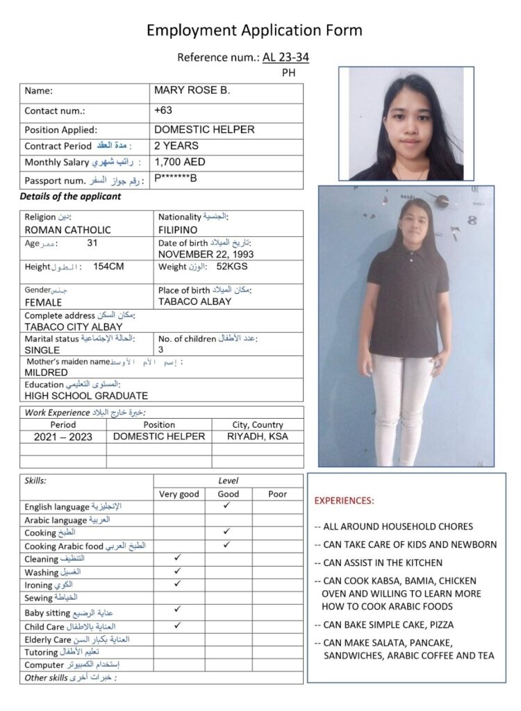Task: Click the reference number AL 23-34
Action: (x=286, y=57)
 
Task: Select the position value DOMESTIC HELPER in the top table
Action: (x=204, y=129)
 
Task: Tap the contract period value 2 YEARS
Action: (x=176, y=146)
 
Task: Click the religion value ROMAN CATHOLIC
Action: (x=67, y=230)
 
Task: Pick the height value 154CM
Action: (x=108, y=267)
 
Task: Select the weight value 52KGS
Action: (x=232, y=267)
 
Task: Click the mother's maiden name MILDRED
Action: (x=47, y=372)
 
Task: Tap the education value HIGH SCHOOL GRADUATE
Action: (x=86, y=396)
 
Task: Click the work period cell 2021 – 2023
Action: (x=63, y=437)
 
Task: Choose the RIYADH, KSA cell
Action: (x=257, y=437)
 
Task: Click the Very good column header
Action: (x=179, y=494)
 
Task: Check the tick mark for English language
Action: (x=227, y=505)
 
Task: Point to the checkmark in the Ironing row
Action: (x=178, y=583)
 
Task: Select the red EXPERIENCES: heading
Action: (x=344, y=501)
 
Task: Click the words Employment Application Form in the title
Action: (x=254, y=30)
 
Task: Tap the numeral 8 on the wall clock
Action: (x=472, y=221)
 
